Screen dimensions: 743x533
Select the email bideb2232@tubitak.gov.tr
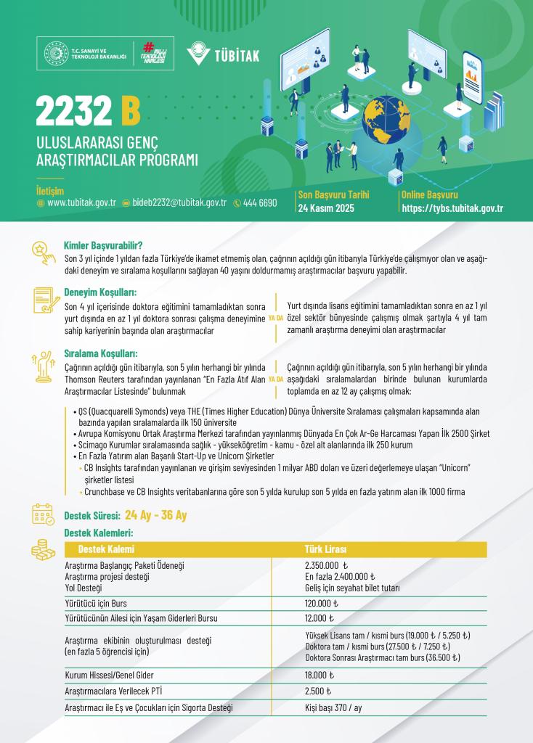179,203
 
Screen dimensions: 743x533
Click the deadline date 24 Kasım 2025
326,208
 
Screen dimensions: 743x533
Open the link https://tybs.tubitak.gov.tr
452,208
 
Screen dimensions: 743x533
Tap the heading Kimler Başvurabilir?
103,245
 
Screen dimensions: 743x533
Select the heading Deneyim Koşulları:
100,292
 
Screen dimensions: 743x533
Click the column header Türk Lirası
326,548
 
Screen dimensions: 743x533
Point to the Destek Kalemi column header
106,548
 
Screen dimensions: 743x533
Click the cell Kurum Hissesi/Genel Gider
109,676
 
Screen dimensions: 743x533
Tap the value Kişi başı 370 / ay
333,707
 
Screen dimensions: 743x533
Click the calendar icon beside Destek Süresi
43,514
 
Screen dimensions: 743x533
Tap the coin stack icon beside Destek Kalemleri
43,550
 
